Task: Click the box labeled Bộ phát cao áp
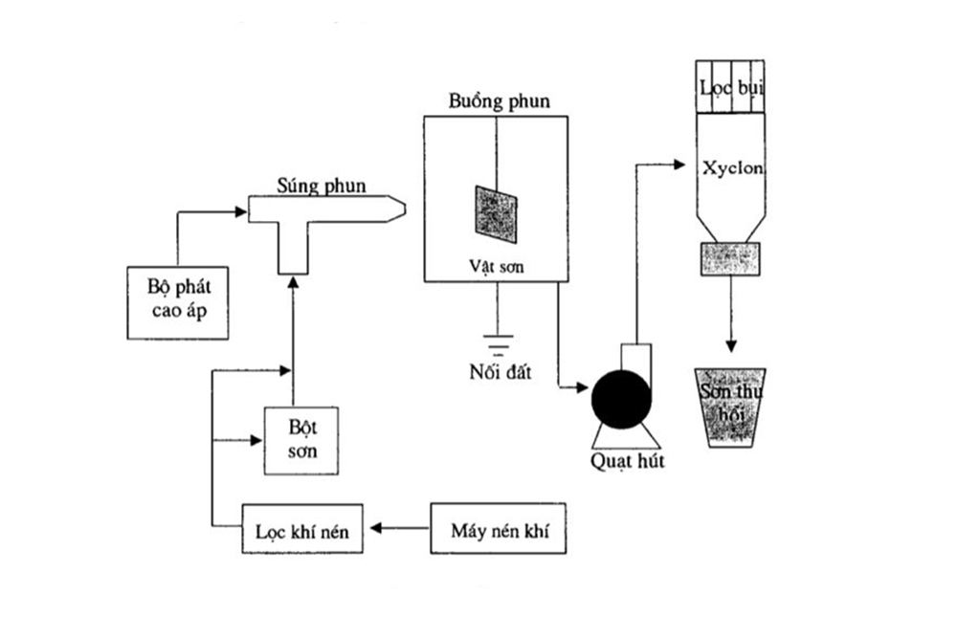178,302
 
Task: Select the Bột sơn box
302,439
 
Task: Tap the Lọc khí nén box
302,528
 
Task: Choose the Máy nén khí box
494,528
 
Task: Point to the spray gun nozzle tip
398,208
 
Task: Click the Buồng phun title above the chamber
499,100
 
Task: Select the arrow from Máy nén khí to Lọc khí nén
402,527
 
